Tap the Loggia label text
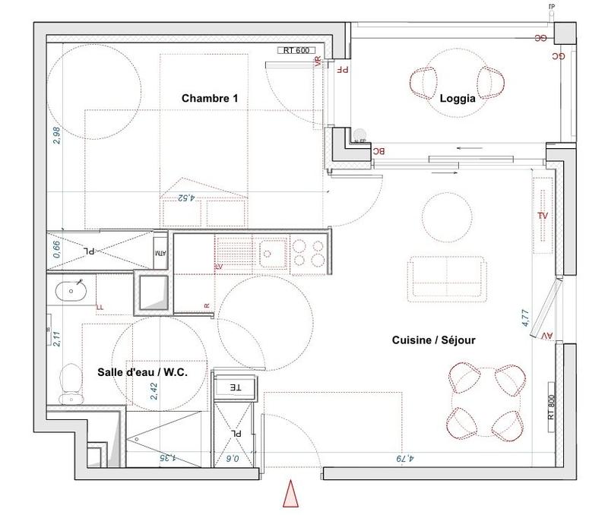[x=458, y=98]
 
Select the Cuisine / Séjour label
[x=435, y=340]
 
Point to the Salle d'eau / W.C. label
[x=141, y=372]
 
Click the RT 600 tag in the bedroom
[x=297, y=52]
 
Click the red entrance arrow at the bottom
[x=290, y=494]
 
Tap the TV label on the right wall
[x=543, y=216]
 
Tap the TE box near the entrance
[x=236, y=387]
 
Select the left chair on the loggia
[x=424, y=80]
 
